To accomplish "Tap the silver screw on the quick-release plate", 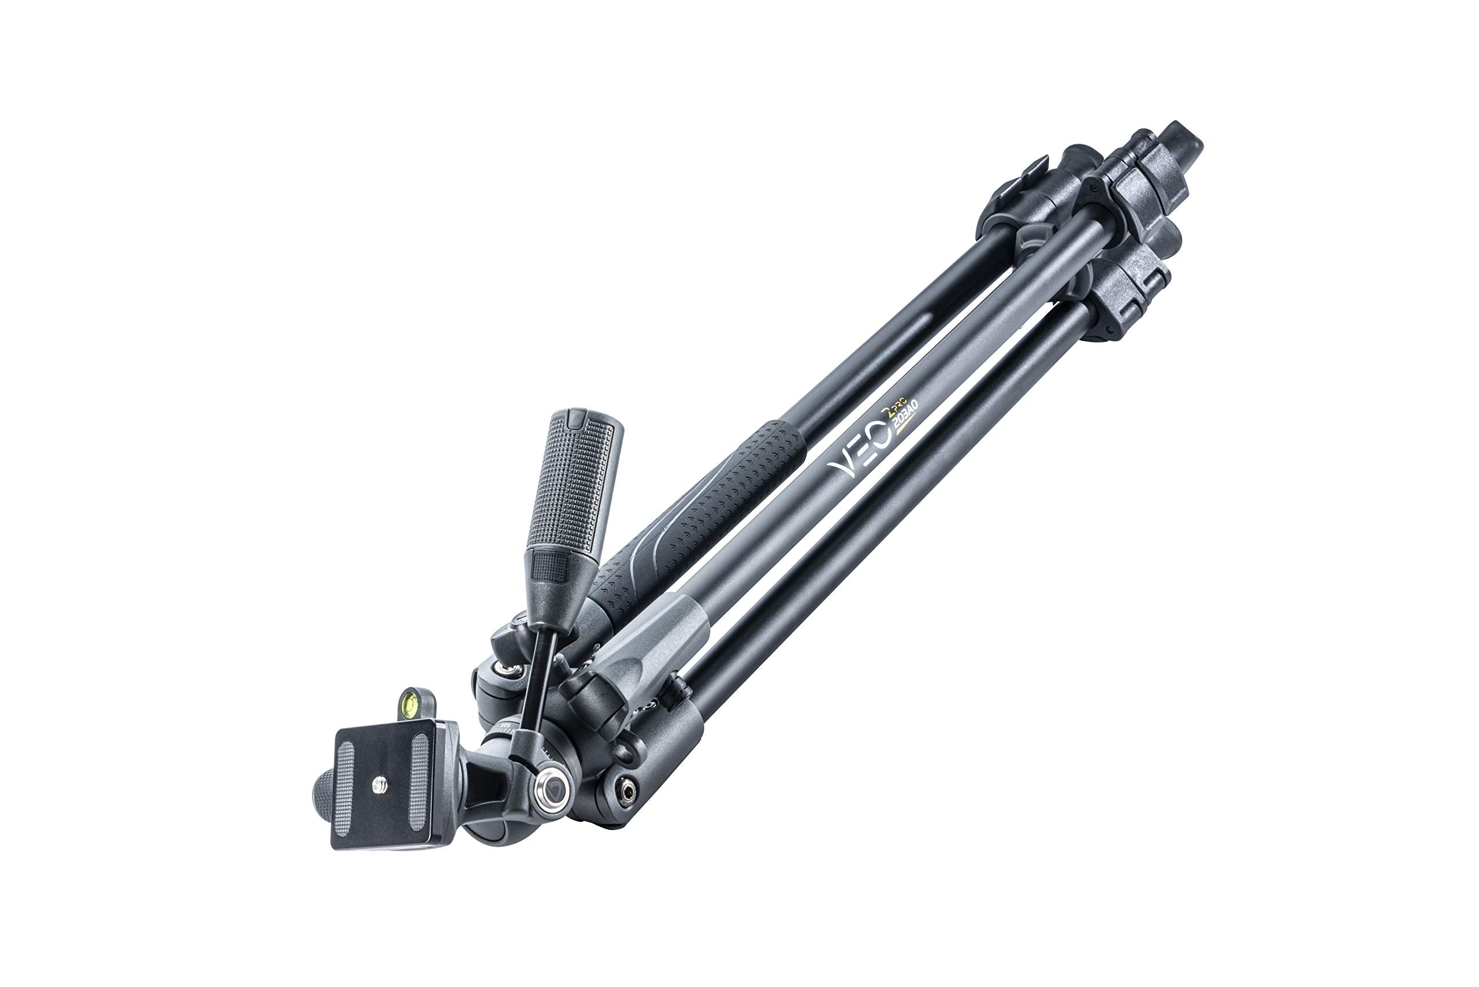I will (x=380, y=784).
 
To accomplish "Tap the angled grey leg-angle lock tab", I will (x=655, y=636).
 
